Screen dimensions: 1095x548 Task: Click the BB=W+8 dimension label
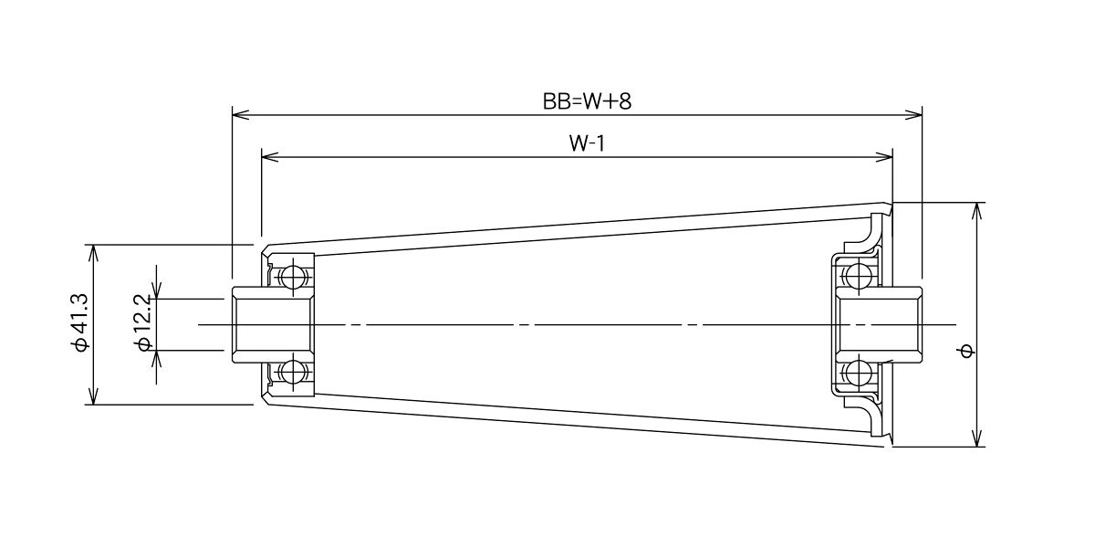pos(587,101)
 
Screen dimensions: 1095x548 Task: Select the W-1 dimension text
pos(587,143)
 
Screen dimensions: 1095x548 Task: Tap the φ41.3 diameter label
pos(79,322)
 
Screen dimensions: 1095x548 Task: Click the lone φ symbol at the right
pos(966,352)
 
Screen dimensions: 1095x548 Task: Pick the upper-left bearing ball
pos(292,278)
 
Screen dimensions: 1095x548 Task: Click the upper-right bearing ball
pos(858,275)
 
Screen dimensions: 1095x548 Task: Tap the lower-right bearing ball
pos(858,374)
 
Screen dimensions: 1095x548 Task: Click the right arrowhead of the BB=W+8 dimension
pos(913,115)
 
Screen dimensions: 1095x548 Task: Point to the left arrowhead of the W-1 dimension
pos(270,157)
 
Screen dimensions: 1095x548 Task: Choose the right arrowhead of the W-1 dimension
pos(884,157)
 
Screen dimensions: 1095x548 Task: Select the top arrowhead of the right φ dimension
pos(977,211)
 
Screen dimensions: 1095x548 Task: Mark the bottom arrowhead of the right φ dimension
pos(977,437)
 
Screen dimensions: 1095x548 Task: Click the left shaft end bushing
pos(273,324)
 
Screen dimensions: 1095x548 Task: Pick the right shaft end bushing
pos(879,324)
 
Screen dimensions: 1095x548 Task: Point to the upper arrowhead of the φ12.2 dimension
pos(156,290)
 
